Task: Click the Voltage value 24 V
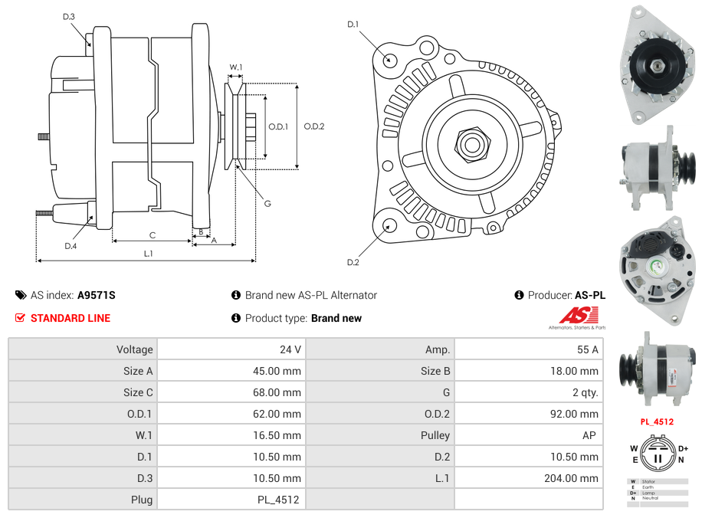pos(290,349)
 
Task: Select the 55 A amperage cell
pos(587,349)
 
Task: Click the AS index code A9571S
pos(96,295)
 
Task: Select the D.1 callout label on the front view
pos(353,25)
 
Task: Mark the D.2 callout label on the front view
pos(353,263)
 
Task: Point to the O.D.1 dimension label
pos(277,126)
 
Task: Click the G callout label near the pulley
pos(267,203)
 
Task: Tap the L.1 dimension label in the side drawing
pos(149,254)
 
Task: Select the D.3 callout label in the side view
pos(68,17)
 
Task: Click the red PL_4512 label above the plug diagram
pos(657,421)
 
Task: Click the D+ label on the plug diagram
pos(682,449)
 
